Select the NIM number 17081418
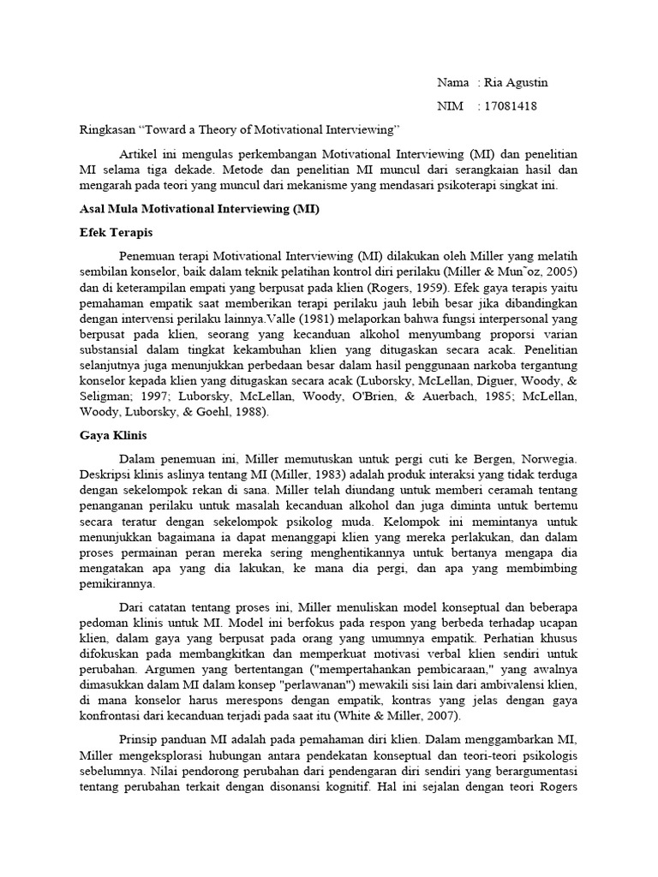coord(511,106)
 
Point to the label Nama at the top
coord(452,82)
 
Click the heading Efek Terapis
coord(116,231)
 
